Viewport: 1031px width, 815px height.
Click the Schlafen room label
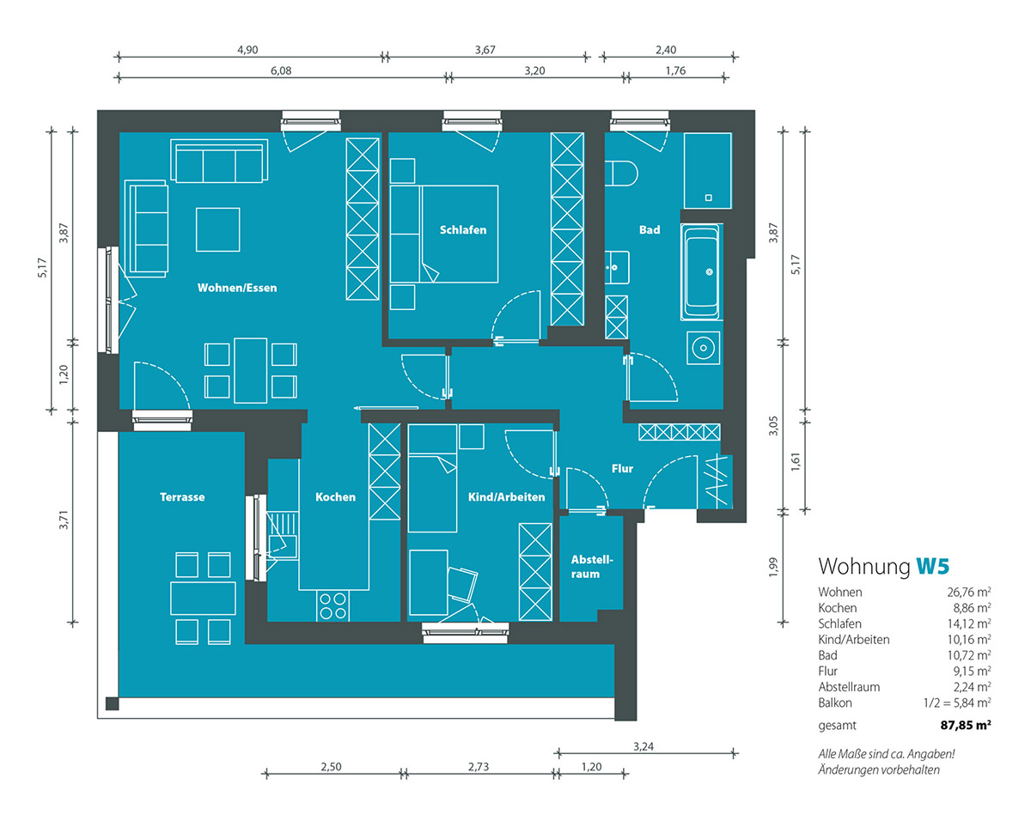click(463, 230)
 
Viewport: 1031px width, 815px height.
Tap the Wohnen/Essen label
click(237, 288)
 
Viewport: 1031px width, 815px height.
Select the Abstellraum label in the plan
click(592, 567)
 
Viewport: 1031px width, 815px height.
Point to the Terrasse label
click(182, 497)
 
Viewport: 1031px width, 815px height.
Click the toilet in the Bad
click(621, 173)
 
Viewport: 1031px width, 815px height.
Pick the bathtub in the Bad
click(702, 272)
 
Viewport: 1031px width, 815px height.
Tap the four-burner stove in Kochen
click(333, 606)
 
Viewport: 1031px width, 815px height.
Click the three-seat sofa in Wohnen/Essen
click(219, 161)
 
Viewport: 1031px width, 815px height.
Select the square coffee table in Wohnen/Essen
click(218, 230)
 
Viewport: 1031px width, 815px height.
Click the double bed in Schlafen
click(444, 234)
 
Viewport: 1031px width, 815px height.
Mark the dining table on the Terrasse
click(203, 599)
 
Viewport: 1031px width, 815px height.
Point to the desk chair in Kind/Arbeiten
click(462, 584)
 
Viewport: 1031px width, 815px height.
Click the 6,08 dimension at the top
click(281, 71)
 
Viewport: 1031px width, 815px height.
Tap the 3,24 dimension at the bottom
click(643, 746)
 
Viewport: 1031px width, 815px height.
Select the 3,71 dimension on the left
click(64, 520)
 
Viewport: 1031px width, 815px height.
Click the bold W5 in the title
click(932, 566)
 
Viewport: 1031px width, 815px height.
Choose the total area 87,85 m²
click(966, 725)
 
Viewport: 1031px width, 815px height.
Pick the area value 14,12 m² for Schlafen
click(969, 623)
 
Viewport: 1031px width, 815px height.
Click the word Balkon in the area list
click(835, 703)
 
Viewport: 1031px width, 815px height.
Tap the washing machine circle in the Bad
click(703, 348)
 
